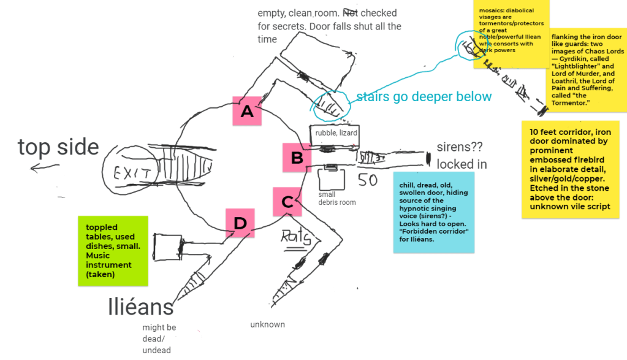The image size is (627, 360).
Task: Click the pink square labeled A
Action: pyautogui.click(x=247, y=111)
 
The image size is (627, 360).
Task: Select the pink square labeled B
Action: pyautogui.click(x=297, y=158)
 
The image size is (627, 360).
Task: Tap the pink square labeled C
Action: pyautogui.click(x=287, y=201)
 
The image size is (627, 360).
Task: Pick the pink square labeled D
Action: pyautogui.click(x=240, y=223)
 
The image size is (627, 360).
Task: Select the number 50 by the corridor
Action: pyautogui.click(x=367, y=181)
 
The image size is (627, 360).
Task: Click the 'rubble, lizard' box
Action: pyautogui.click(x=336, y=133)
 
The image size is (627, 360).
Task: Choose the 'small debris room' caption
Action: pyautogui.click(x=337, y=198)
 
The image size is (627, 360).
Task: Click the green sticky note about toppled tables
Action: pyautogui.click(x=113, y=250)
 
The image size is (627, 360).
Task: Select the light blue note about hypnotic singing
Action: pyautogui.click(x=434, y=212)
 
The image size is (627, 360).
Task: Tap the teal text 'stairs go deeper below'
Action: pyautogui.click(x=424, y=96)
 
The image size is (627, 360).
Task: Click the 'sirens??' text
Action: pyautogui.click(x=461, y=147)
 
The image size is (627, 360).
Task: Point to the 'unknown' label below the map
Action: pyautogui.click(x=267, y=324)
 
